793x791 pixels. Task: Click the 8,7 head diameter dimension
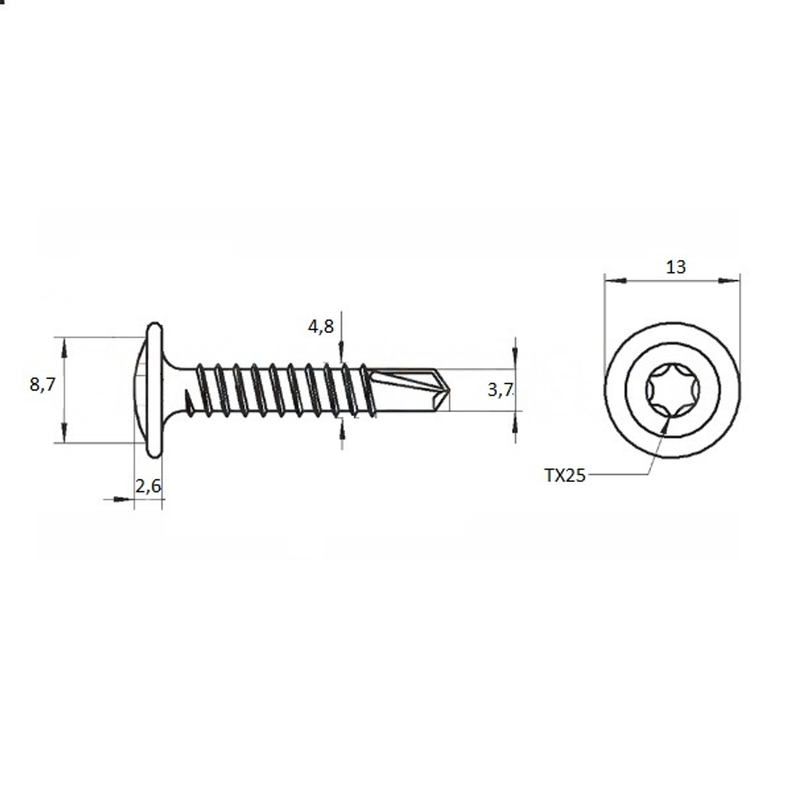coord(42,384)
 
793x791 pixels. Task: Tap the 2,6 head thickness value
coord(147,486)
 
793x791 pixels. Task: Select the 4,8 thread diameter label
coord(321,327)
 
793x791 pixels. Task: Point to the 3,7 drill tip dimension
coord(500,389)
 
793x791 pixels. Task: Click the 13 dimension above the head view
coord(676,267)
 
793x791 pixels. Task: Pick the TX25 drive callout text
coord(565,475)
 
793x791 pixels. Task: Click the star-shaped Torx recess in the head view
coord(672,390)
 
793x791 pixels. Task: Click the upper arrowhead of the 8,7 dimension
coord(64,348)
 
